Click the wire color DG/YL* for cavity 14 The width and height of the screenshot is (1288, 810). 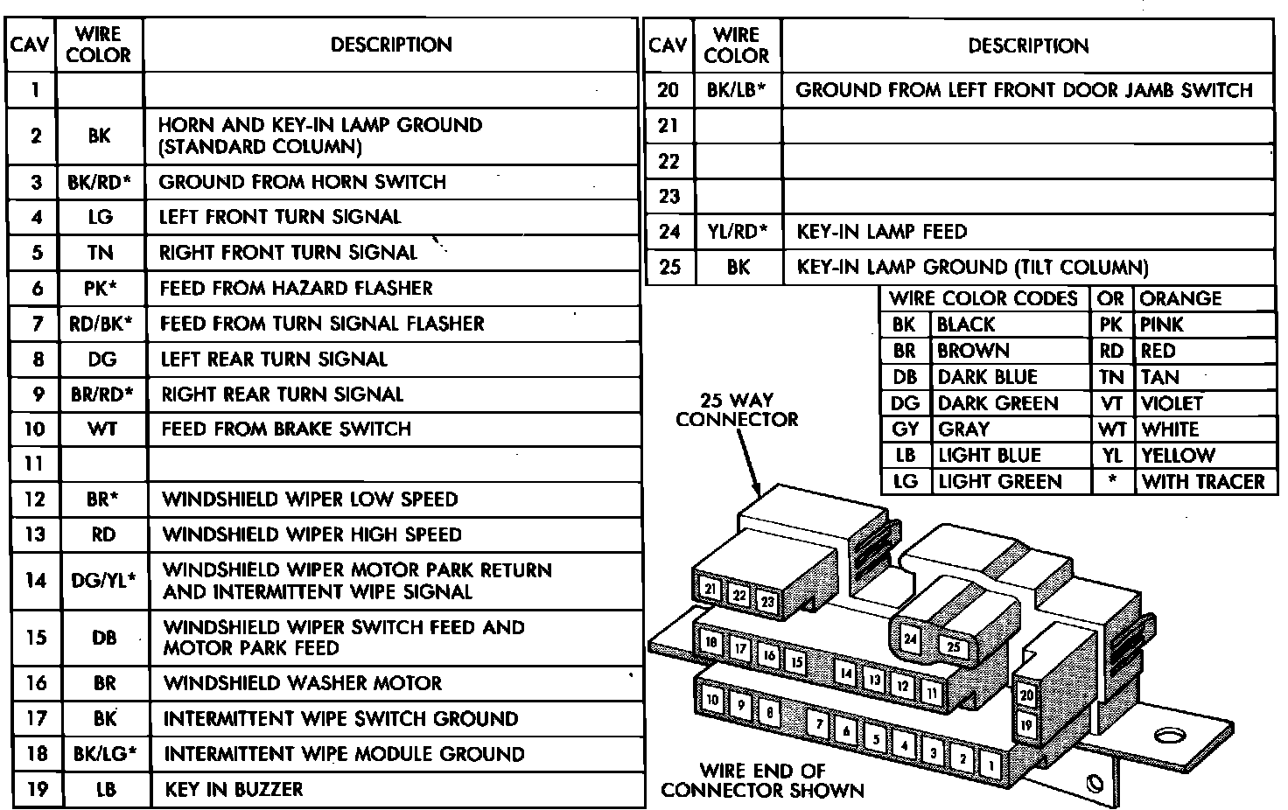coord(103,579)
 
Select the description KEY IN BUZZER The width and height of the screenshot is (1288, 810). coord(234,789)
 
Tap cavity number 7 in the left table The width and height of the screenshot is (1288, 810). coord(36,324)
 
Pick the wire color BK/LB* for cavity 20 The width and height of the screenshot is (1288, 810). coord(737,90)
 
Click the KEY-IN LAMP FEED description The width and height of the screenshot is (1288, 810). coord(881,232)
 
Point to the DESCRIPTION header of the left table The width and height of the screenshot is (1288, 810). coord(391,45)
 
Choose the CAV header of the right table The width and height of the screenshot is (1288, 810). coord(668,45)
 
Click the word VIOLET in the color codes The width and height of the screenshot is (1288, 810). coord(1172,403)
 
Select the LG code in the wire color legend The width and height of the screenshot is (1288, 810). coord(905,481)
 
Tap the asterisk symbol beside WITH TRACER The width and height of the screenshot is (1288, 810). coord(1111,481)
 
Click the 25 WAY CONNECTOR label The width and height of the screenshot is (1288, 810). coord(737,409)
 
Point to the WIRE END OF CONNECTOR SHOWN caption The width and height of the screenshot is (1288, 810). coord(762,780)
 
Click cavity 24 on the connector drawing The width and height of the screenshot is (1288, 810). coord(911,639)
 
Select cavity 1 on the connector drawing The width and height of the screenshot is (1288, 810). coord(991,765)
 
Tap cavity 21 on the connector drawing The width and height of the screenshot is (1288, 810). coord(710,590)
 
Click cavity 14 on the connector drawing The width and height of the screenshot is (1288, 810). coord(845,673)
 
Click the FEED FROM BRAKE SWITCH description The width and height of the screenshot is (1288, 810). coord(286,429)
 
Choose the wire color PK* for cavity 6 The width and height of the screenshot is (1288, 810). coord(100,288)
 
